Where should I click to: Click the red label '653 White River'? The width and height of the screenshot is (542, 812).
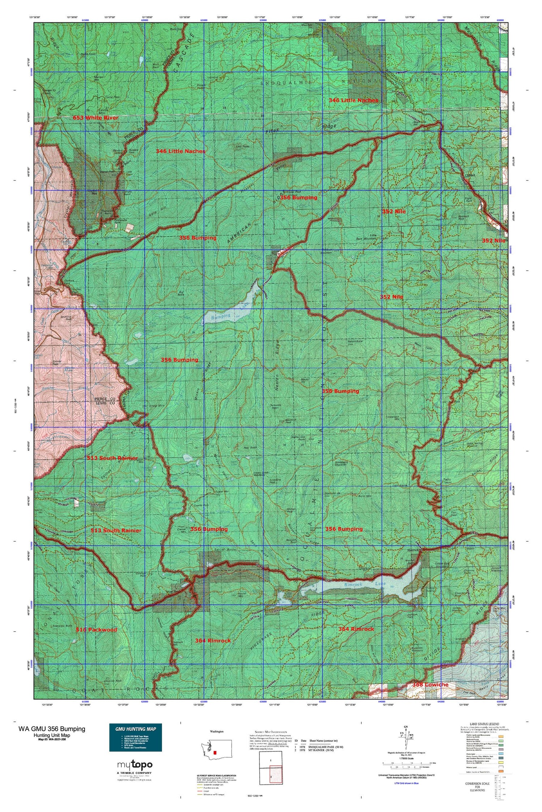[x=95, y=118]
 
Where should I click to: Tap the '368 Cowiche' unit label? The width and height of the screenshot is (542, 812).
[x=430, y=685]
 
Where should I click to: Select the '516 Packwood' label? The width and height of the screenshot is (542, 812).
[x=96, y=629]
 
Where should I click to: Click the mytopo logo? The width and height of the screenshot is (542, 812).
[x=135, y=765]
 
